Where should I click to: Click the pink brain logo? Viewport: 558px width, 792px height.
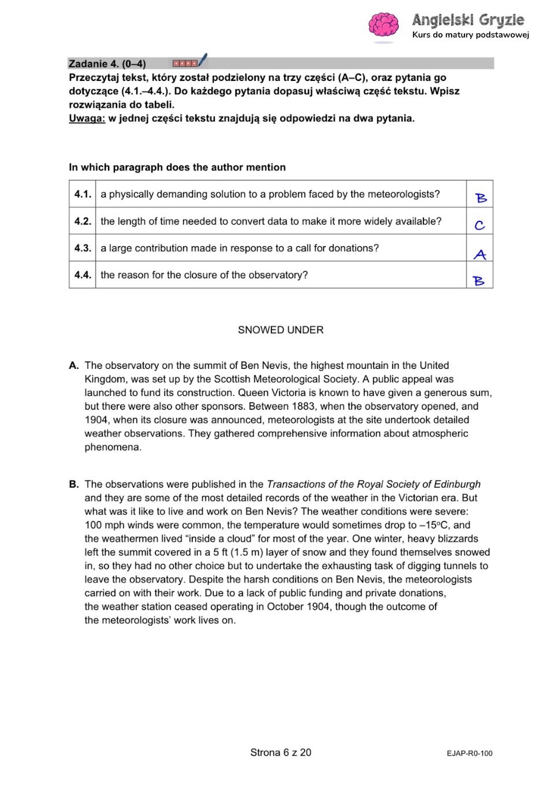[x=384, y=25]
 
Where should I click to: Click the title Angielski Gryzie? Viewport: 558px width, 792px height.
[x=468, y=20]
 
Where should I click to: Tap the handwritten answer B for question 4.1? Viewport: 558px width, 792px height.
[x=481, y=198]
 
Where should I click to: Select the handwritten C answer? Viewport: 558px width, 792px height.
[x=479, y=225]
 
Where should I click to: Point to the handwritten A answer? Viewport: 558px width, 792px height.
[x=480, y=254]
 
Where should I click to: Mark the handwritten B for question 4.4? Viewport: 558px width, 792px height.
[x=479, y=281]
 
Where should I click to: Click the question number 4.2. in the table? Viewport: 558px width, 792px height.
[x=83, y=221]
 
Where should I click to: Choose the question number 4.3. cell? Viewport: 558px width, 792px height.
[x=83, y=248]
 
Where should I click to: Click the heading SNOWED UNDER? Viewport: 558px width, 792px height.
[x=281, y=330]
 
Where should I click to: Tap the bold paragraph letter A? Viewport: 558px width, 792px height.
[x=73, y=365]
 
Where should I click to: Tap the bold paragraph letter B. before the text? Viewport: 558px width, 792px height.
[x=73, y=484]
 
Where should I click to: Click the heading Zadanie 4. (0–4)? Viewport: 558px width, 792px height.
[x=107, y=64]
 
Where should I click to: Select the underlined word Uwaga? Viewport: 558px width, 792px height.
[x=87, y=119]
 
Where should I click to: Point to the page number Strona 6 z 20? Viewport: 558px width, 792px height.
[x=281, y=753]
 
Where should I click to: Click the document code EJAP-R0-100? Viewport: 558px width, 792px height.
[x=470, y=753]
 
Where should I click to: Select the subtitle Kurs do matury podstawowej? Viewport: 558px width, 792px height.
[x=471, y=35]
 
